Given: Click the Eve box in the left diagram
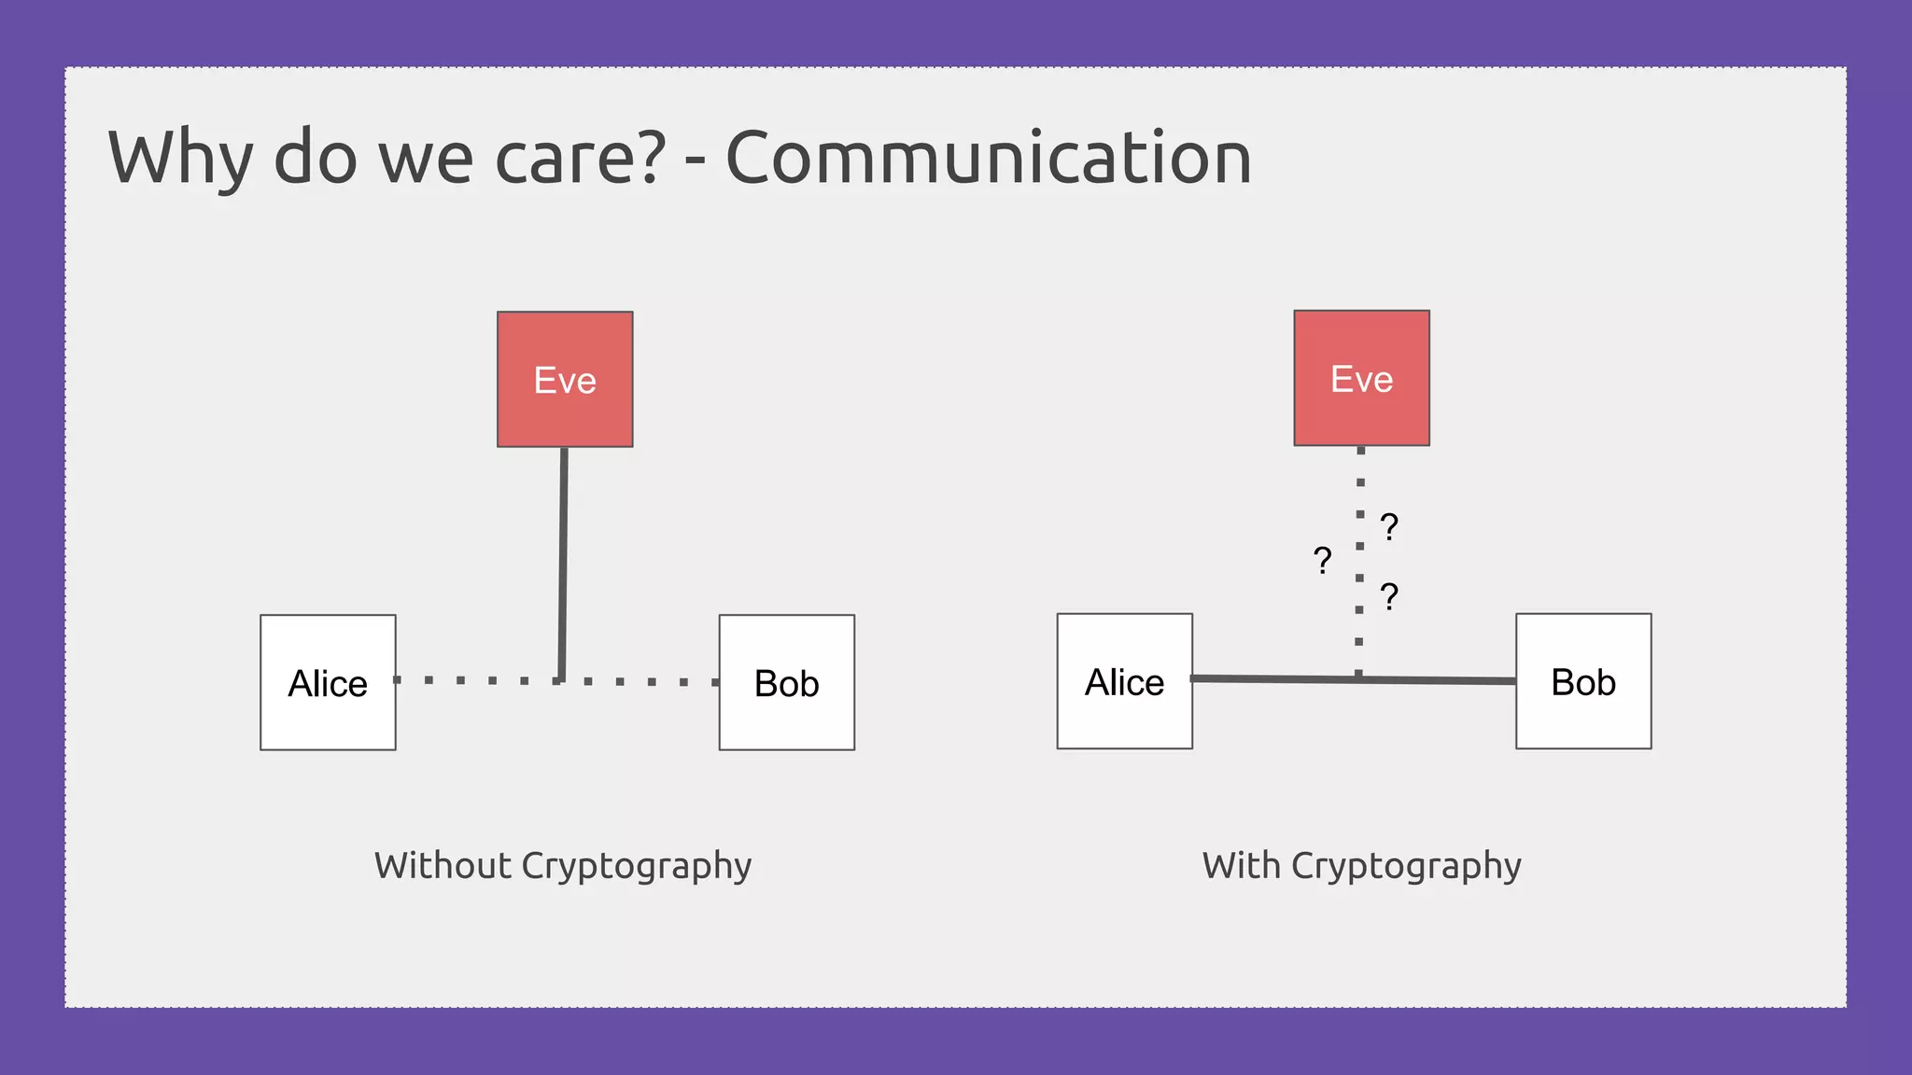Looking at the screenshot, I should click(565, 379).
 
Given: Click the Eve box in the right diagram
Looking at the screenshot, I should click(1361, 378).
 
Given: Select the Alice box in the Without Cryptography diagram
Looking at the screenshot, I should click(328, 682).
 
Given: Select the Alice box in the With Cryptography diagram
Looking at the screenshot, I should click(1124, 681).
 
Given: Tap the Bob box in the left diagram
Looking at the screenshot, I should click(786, 682).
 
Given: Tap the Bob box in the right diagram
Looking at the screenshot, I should click(1583, 681).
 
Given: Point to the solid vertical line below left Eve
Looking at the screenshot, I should click(563, 560).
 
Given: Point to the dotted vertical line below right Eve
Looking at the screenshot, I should click(1359, 560).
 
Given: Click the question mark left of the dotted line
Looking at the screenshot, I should click(1322, 561).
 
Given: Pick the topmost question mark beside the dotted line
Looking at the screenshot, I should click(1389, 527).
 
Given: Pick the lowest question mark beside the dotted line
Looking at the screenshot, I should click(1389, 596).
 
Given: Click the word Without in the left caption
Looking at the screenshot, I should click(443, 865).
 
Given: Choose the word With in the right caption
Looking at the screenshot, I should click(1241, 865).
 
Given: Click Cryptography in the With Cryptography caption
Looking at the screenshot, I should click(1406, 867).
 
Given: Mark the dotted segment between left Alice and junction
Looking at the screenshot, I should click(476, 680).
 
